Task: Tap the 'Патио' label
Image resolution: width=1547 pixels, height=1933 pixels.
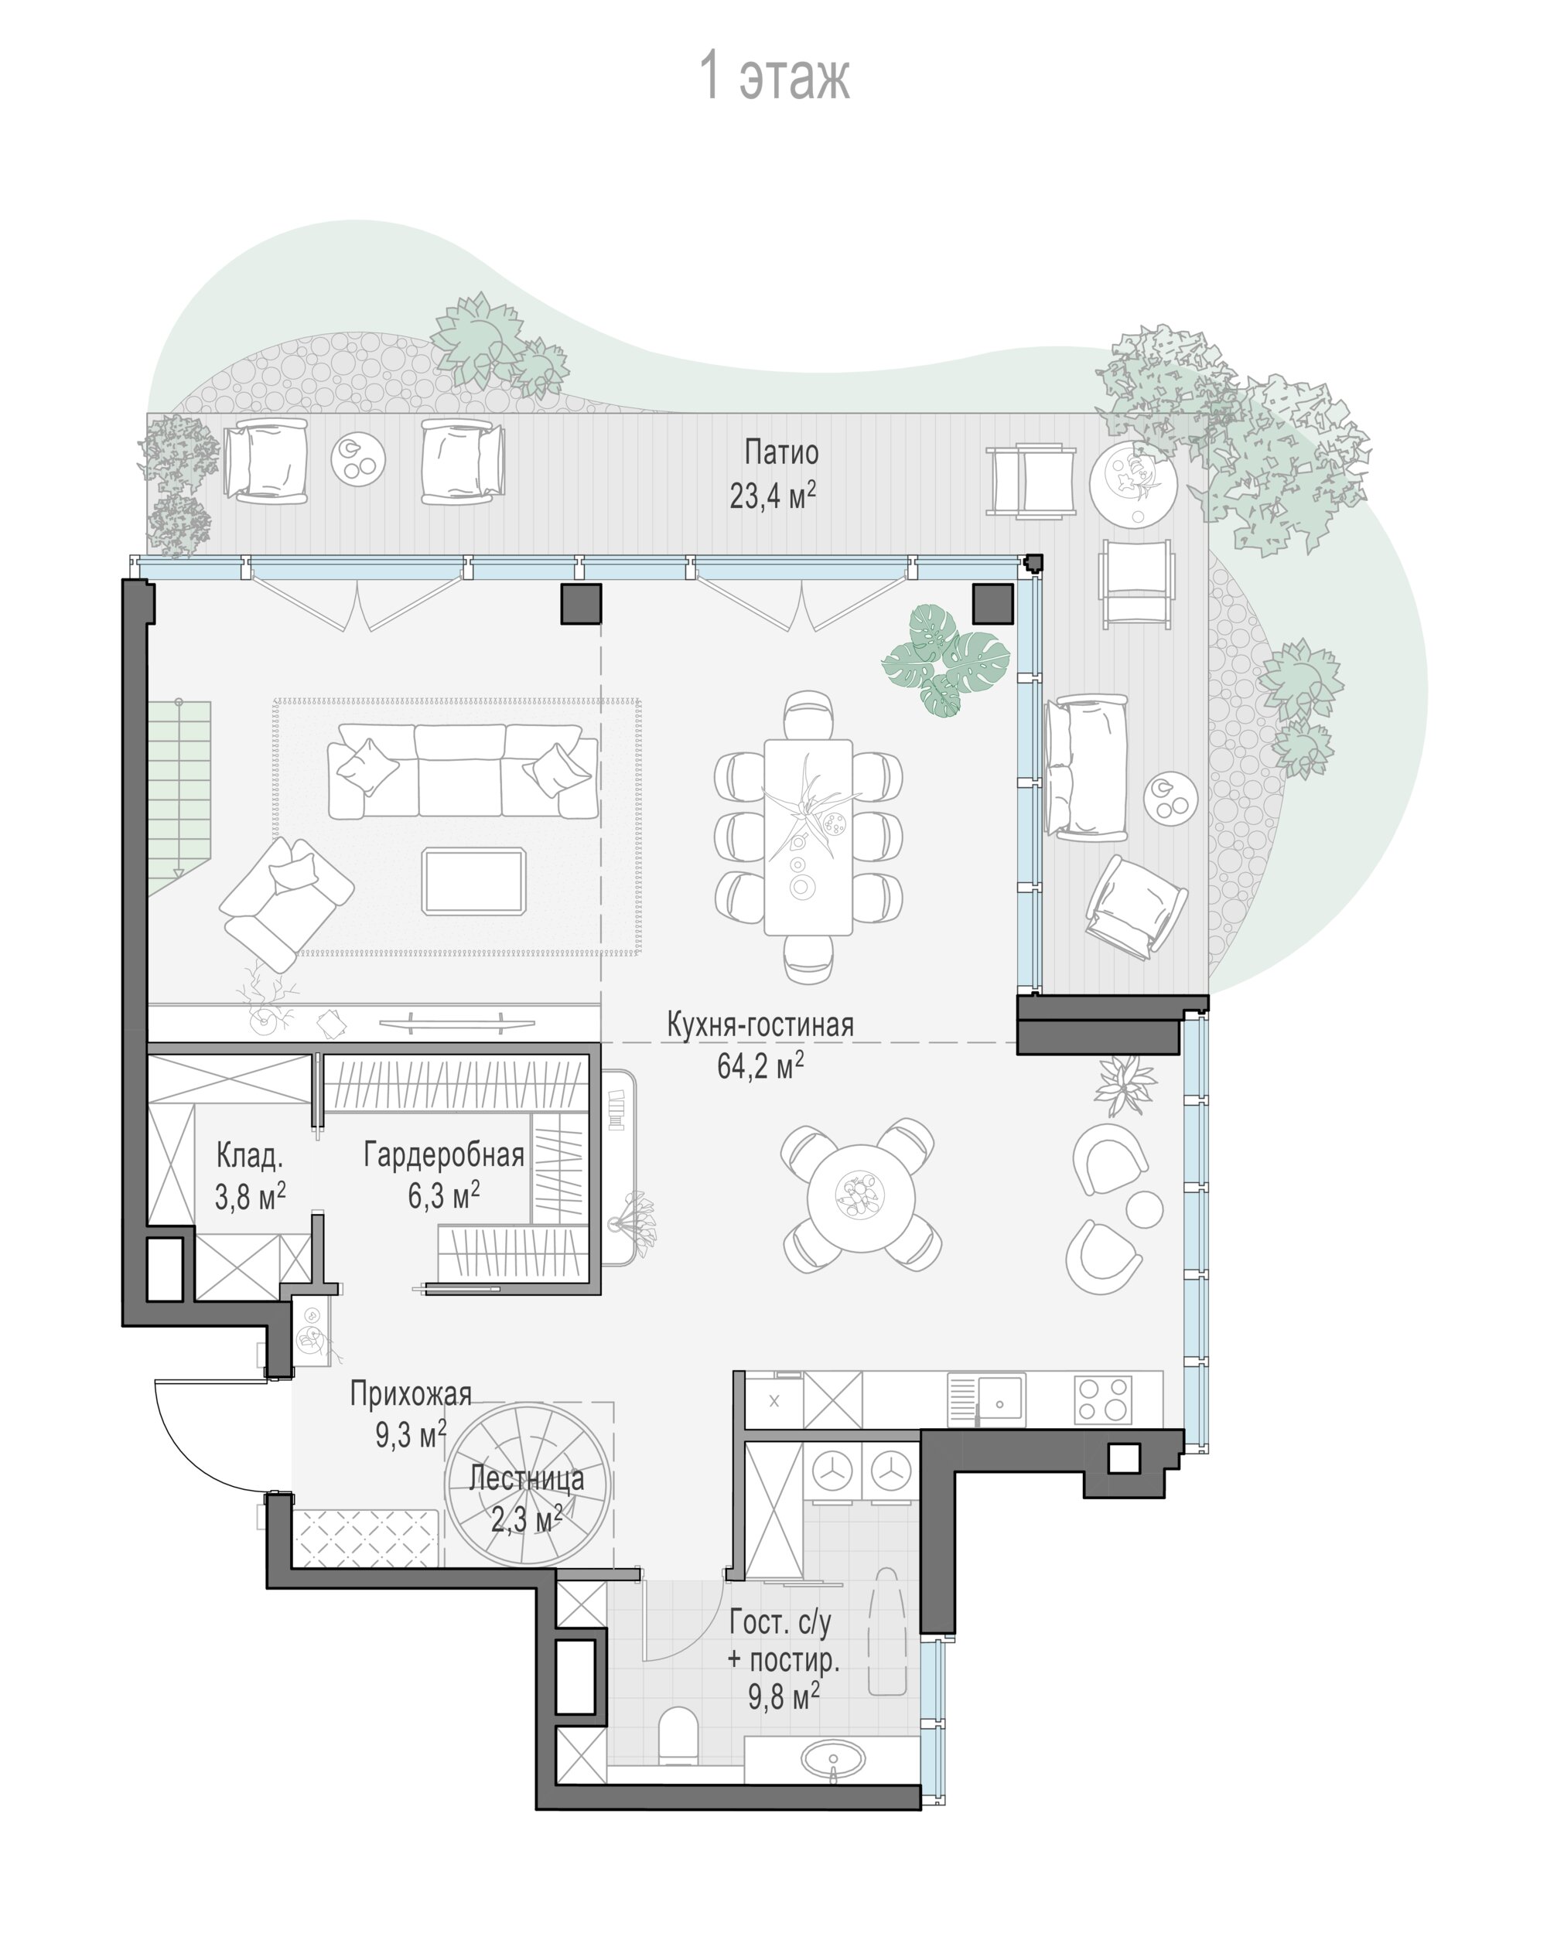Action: [781, 453]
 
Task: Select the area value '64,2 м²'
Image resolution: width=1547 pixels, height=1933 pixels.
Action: [760, 1066]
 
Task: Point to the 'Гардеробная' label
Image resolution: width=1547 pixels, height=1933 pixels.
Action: [443, 1155]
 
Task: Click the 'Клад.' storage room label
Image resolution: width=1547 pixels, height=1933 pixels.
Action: [249, 1156]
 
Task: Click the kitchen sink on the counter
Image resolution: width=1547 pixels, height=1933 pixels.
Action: [986, 1399]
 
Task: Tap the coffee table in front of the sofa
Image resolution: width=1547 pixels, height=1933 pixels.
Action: [473, 881]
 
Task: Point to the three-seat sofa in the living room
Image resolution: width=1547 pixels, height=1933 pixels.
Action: [463, 771]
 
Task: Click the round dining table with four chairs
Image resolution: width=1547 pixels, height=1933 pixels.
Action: [861, 1198]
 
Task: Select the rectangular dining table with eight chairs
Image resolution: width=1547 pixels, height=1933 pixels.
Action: [808, 837]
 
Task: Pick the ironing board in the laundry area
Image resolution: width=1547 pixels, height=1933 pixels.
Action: [887, 1631]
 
